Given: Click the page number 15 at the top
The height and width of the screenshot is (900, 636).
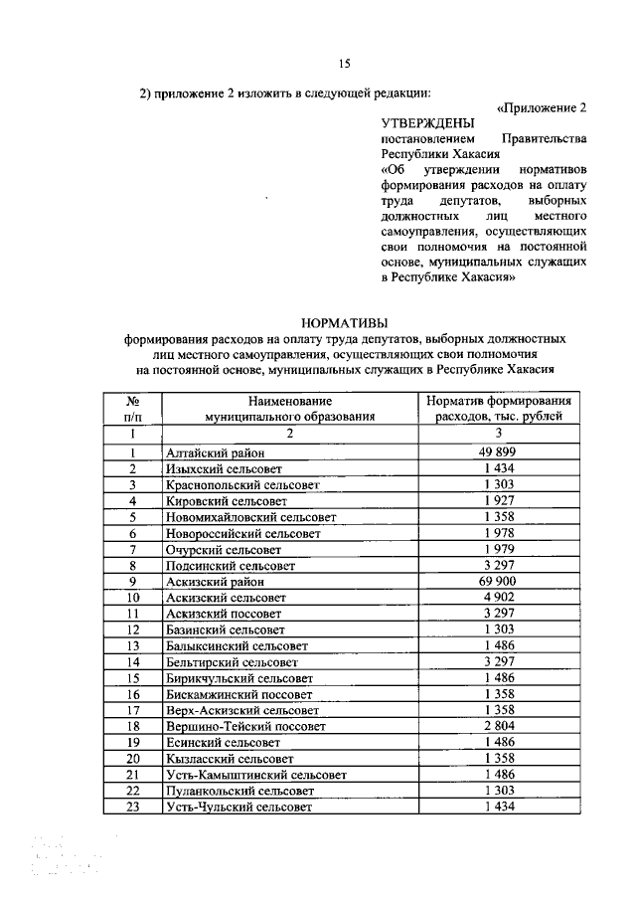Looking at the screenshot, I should (x=344, y=65).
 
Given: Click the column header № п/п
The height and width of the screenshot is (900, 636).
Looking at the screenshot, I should (x=131, y=408).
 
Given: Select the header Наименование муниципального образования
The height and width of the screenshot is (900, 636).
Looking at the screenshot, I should (x=289, y=408).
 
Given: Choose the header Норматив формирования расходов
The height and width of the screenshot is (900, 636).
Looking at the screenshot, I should (x=499, y=408).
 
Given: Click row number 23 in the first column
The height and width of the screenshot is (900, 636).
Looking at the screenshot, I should (x=131, y=807).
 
